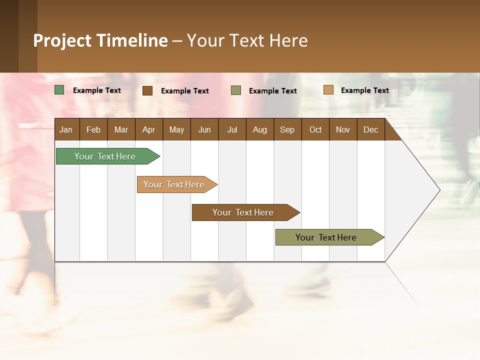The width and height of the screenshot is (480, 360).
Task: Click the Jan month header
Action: click(66, 129)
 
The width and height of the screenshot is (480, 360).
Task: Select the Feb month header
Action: click(93, 129)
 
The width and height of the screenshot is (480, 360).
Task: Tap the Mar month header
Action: click(121, 129)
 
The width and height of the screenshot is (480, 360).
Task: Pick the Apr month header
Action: click(149, 129)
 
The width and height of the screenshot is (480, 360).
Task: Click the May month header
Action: click(176, 129)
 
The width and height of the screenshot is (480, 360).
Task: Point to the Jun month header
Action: click(204, 129)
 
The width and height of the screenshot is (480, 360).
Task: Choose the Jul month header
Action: click(232, 129)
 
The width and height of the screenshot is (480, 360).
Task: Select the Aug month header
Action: click(260, 129)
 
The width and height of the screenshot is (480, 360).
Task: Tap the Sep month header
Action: click(287, 129)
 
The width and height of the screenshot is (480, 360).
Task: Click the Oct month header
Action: click(315, 129)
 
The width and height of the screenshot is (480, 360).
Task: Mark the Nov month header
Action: click(343, 129)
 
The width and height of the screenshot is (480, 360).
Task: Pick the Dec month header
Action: click(371, 129)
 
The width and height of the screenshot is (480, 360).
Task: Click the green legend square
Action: click(59, 90)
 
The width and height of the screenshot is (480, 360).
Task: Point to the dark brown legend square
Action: click(147, 90)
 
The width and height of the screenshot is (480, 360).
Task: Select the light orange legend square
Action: click(328, 90)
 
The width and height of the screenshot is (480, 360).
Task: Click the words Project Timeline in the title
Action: click(100, 40)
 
